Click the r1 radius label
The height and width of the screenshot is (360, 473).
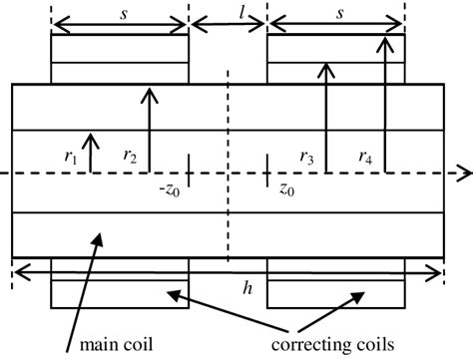point(68,156)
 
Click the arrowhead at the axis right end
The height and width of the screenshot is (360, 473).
point(463,173)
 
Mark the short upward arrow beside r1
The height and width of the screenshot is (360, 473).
point(89,150)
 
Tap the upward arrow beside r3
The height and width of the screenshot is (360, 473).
point(326,115)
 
